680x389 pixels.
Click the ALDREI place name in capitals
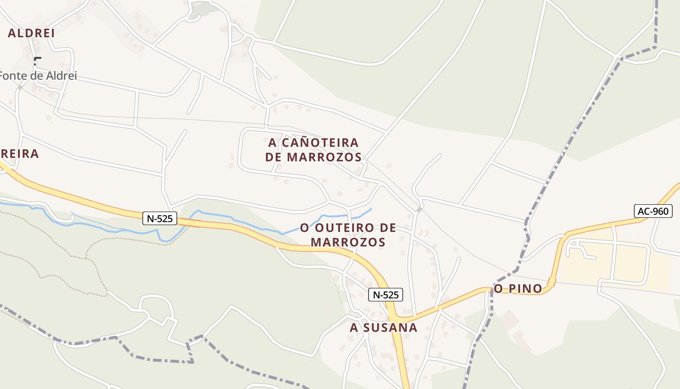click(x=31, y=33)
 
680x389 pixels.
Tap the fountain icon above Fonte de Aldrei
click(x=37, y=61)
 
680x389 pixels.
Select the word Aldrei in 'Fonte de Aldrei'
click(x=59, y=76)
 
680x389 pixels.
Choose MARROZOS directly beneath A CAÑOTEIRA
click(x=324, y=157)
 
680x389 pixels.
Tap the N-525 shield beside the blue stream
click(x=160, y=218)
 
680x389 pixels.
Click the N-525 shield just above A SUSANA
click(x=386, y=294)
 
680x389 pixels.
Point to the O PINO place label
click(x=518, y=289)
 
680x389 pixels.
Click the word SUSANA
click(x=390, y=328)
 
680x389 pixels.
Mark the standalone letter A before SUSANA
click(x=354, y=328)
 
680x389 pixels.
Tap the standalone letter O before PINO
click(x=498, y=289)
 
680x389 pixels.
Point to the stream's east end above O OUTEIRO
click(x=372, y=209)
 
